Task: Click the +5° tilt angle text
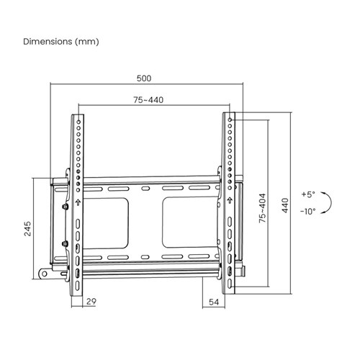click(308, 194)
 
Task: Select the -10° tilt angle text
click(308, 211)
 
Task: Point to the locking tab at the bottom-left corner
click(47, 273)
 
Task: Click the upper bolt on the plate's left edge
click(66, 207)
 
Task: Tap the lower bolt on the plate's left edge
click(66, 243)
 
